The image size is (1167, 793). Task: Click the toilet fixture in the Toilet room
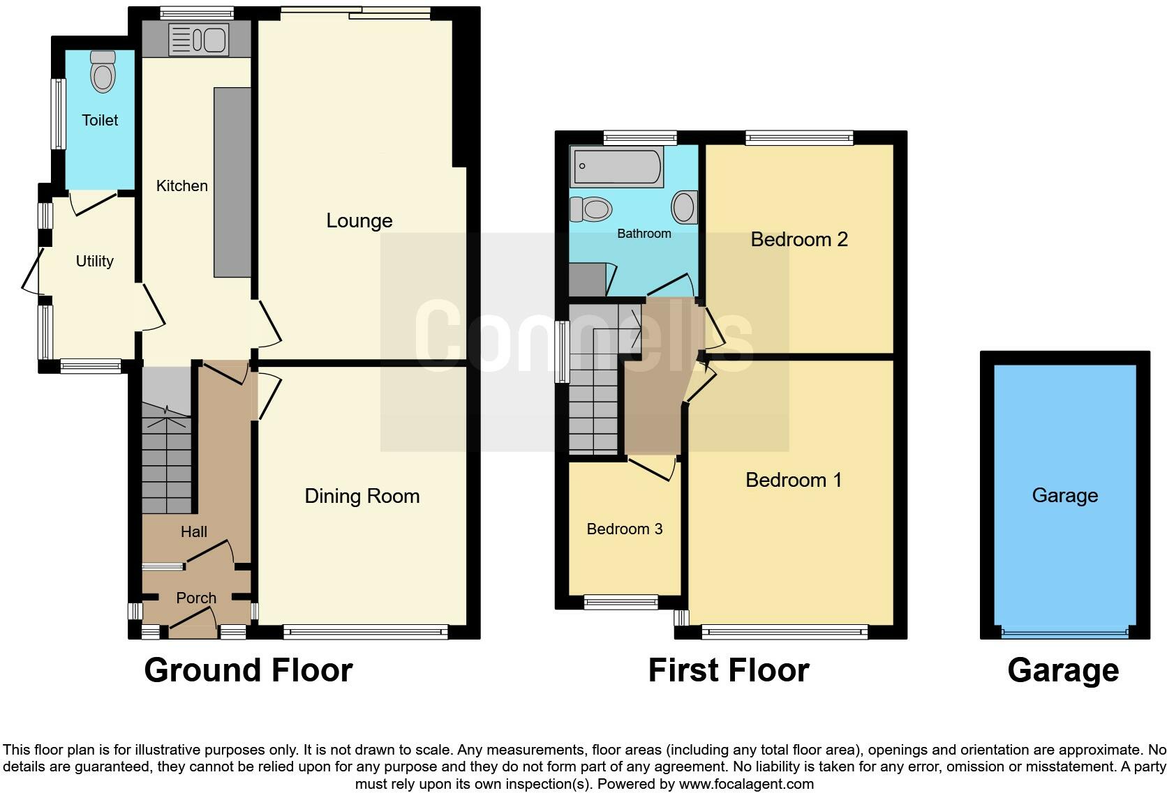click(103, 73)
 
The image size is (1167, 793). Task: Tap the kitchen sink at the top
click(198, 40)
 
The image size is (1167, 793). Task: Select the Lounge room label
click(359, 221)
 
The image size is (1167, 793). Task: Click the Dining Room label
click(362, 497)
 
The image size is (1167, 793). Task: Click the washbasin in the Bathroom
click(684, 208)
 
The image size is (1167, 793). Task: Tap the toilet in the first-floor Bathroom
click(591, 209)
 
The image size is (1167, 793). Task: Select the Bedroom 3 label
click(624, 529)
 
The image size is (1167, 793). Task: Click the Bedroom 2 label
click(799, 240)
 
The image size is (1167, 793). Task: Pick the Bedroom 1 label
click(794, 481)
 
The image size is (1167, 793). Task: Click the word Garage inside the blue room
click(1064, 496)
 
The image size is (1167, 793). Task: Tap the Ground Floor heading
click(248, 670)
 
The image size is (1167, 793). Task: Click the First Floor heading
click(728, 670)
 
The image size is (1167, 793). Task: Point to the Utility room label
click(94, 262)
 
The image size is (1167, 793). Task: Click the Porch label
click(196, 598)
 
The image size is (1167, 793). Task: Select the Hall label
click(193, 532)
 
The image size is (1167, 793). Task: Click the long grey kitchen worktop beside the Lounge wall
click(232, 181)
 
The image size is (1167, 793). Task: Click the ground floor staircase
click(166, 460)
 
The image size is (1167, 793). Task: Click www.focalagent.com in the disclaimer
click(746, 784)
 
